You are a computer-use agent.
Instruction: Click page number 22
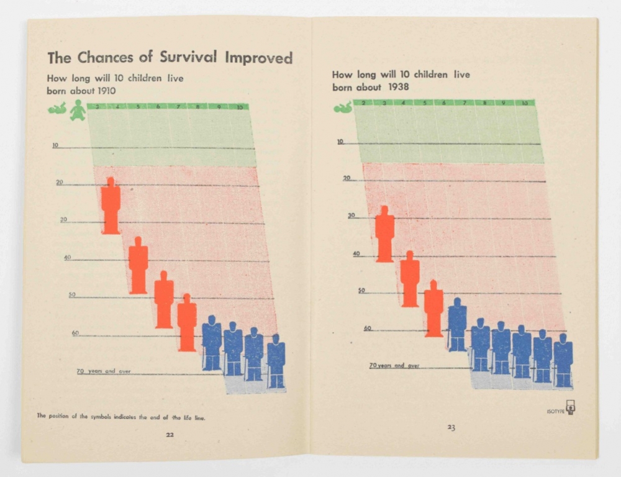coord(169,435)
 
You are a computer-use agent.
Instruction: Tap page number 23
coord(451,427)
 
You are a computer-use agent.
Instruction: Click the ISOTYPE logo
coord(570,409)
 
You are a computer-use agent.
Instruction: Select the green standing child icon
coord(78,110)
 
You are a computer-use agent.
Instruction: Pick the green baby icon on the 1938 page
coord(343,107)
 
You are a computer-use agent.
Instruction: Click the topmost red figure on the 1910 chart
coord(111,206)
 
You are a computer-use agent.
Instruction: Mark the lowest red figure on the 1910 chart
coord(187,323)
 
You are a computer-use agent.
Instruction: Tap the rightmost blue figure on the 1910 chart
coord(276,361)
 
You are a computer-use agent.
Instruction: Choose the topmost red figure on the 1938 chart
coord(384,234)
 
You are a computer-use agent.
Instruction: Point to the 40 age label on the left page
coord(68,257)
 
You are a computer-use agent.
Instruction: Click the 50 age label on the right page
coord(361,291)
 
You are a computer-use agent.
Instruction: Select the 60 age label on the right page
coord(367,328)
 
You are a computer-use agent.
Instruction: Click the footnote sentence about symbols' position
coord(120,417)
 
